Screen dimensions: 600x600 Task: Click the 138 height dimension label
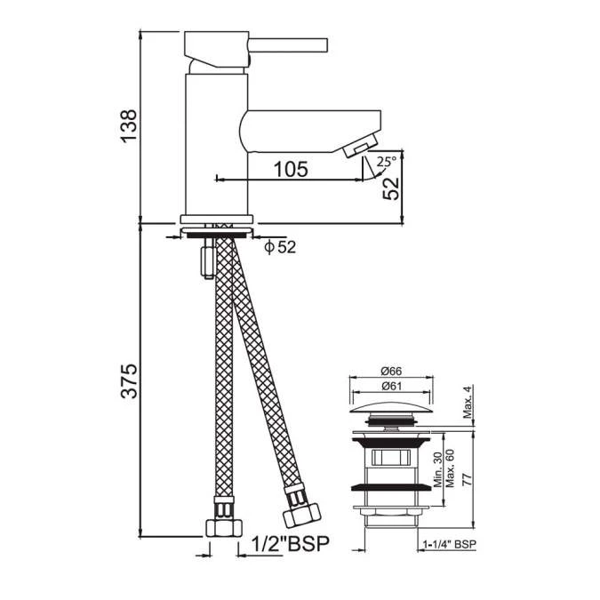tap(129, 126)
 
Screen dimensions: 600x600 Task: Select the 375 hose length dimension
tap(129, 380)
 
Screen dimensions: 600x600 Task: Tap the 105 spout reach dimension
tap(291, 169)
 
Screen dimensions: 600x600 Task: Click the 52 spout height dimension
tap(391, 188)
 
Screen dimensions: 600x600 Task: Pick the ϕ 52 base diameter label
tap(280, 247)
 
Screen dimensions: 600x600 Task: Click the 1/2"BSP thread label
tap(291, 543)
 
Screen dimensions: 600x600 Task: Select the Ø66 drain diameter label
tap(391, 371)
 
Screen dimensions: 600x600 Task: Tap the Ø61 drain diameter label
tap(391, 386)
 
